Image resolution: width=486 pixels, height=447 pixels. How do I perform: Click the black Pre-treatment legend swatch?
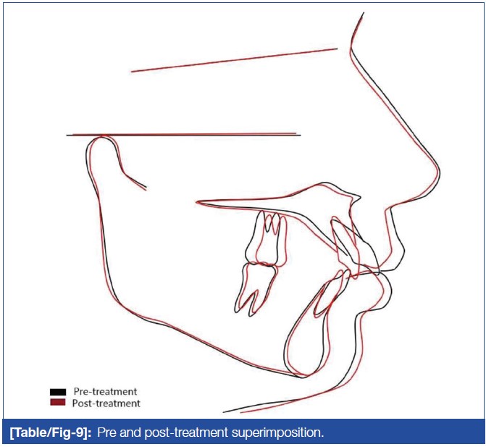[58, 392]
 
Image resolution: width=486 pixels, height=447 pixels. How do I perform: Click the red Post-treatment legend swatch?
[58, 402]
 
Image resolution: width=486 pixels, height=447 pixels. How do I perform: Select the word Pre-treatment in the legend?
[105, 391]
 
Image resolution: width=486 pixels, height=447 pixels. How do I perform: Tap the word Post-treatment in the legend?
[106, 404]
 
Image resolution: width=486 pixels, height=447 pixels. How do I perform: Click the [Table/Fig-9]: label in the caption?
[51, 433]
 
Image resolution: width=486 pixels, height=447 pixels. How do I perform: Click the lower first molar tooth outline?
[255, 288]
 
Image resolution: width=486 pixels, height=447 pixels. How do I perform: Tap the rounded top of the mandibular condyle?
[102, 138]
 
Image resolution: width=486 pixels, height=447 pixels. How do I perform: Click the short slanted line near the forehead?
[234, 60]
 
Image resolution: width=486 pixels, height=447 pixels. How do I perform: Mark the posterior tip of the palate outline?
[196, 202]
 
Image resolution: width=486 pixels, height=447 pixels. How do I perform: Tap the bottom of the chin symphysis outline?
[302, 376]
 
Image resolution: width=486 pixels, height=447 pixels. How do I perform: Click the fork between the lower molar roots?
[254, 291]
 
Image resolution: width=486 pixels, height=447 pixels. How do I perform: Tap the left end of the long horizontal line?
[67, 135]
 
